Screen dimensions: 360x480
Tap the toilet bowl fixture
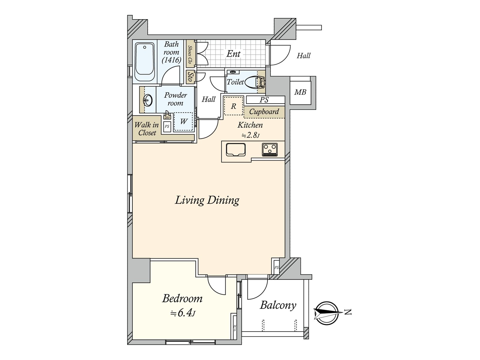251,82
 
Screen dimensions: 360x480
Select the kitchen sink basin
236,149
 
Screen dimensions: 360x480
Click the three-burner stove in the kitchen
270,149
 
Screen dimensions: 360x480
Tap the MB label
300,92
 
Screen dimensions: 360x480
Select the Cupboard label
264,112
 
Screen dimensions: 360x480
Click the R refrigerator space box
233,106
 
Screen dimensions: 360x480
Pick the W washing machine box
184,121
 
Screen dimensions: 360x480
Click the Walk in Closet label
146,129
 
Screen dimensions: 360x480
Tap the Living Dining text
207,200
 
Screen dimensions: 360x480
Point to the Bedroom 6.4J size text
183,313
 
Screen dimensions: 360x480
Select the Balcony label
278,305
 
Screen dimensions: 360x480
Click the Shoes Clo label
190,54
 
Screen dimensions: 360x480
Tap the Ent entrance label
233,54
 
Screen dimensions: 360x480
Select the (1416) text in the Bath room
172,60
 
